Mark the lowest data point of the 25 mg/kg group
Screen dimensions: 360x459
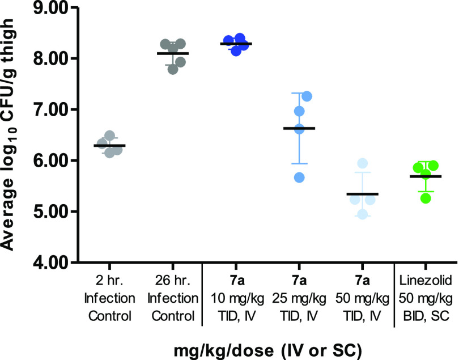299,177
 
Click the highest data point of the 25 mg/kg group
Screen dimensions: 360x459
307,96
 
